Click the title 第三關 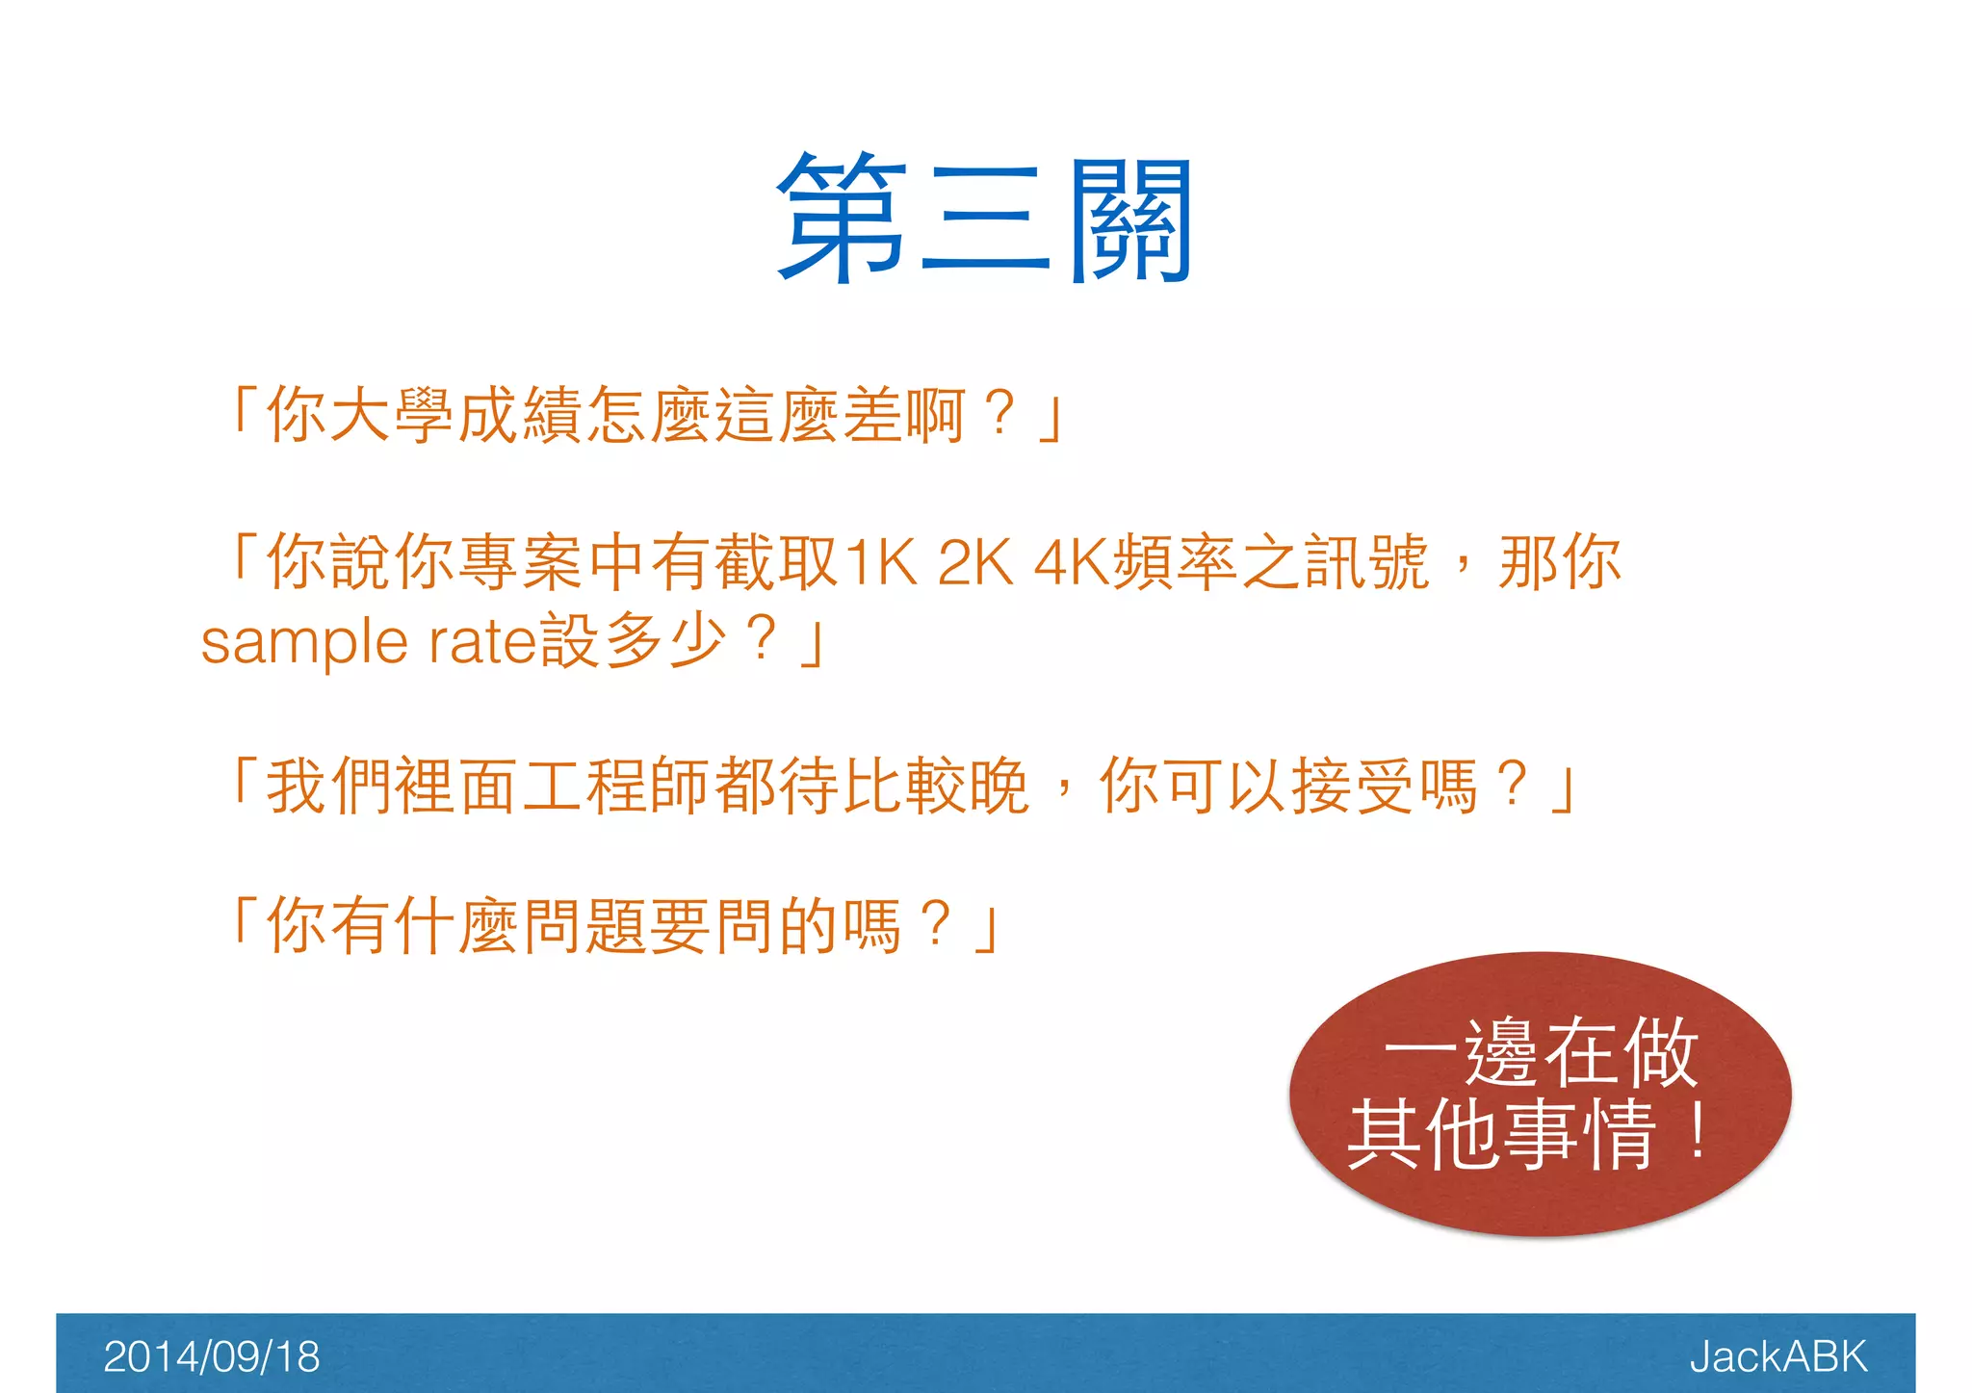point(985,220)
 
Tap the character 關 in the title point(1131,220)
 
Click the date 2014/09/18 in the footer point(211,1356)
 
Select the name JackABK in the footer point(1777,1356)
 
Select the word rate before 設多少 point(480,643)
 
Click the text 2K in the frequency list point(975,562)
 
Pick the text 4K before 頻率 point(1072,562)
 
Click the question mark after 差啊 point(1000,414)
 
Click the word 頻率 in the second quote point(1175,562)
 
